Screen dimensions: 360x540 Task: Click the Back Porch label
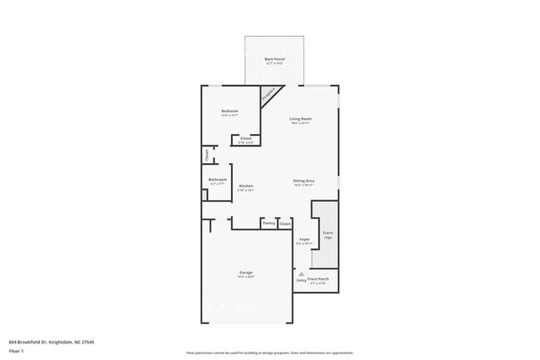tap(275, 59)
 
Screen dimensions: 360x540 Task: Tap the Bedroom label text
tap(230, 111)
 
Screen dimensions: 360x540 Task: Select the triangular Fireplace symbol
tap(269, 95)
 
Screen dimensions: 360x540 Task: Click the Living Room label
tap(300, 119)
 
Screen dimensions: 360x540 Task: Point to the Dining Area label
tap(303, 180)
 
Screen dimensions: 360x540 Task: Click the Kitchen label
tap(246, 185)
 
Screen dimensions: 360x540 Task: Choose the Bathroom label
tap(218, 179)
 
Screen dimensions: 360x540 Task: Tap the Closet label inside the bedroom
tap(246, 138)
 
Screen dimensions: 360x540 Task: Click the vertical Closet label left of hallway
tap(207, 154)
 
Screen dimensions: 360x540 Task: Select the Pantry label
tap(268, 223)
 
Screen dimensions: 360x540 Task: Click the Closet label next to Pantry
tap(285, 223)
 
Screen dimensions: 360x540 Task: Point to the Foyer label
tap(304, 239)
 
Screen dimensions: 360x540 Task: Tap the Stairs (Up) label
tap(327, 235)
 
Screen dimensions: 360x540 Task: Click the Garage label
tap(246, 273)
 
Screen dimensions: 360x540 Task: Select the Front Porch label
tap(318, 279)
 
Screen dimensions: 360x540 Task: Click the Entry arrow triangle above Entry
tap(302, 274)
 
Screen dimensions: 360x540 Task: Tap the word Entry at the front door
tap(302, 280)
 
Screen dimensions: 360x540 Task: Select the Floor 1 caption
tap(17, 351)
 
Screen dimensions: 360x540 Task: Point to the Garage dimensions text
tap(246, 277)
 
